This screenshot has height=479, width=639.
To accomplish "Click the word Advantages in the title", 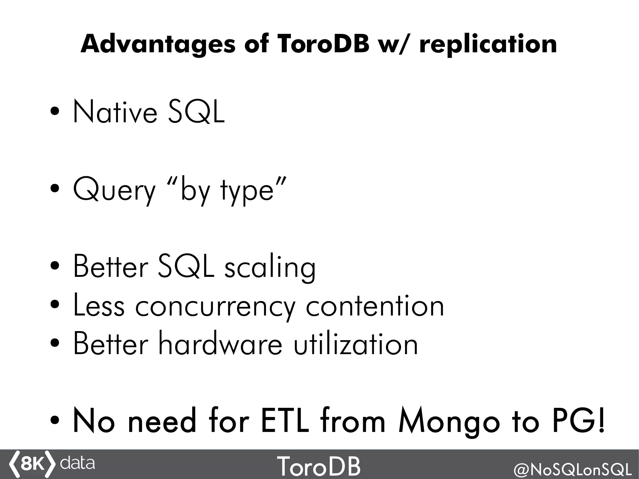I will click(x=158, y=44).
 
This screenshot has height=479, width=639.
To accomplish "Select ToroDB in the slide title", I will click(x=323, y=44).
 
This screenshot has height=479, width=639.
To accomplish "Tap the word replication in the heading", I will click(x=488, y=45).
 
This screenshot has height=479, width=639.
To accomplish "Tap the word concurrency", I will click(x=215, y=307).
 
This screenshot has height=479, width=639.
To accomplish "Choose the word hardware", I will click(x=220, y=345).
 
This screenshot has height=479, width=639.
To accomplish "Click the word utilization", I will click(x=356, y=345).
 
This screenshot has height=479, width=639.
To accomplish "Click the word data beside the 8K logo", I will click(x=77, y=463).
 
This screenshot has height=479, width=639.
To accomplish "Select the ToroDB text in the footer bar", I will click(x=319, y=465).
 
